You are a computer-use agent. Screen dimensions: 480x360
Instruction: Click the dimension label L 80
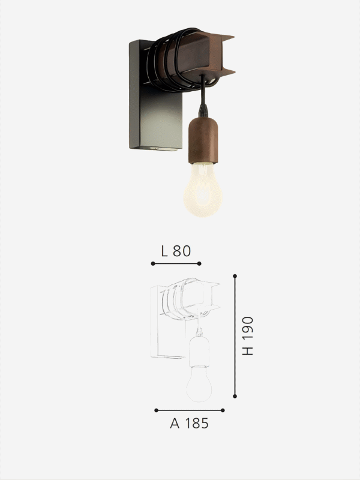pos(176,251)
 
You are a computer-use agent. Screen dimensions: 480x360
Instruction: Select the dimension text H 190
pos(248,336)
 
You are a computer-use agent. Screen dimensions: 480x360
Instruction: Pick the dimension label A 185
pos(189,423)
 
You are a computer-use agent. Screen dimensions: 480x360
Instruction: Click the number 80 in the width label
pos(182,251)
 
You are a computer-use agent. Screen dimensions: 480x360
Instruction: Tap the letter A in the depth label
pos(175,423)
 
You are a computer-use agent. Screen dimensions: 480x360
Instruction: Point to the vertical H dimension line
pos(235,336)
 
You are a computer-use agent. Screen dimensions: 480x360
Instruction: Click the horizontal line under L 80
pos(176,263)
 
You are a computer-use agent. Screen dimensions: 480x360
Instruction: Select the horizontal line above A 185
pos(189,410)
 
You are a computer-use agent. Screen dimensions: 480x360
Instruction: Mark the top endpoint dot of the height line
pos(235,276)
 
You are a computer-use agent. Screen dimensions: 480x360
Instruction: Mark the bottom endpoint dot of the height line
pos(235,397)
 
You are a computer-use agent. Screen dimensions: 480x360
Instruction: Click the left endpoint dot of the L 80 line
pos(153,263)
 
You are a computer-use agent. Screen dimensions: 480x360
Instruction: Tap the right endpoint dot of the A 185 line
pos(223,410)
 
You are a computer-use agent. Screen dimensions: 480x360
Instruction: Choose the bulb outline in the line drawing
pos(199,384)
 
